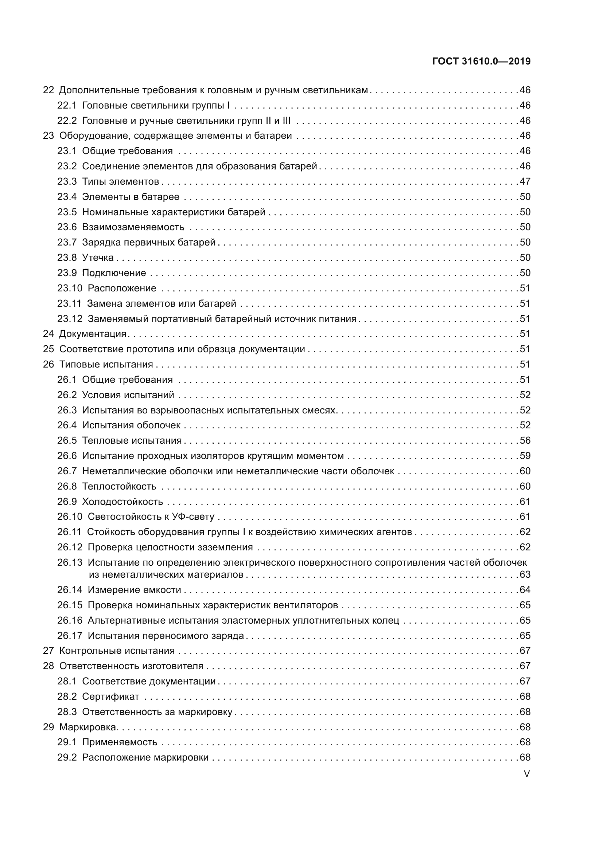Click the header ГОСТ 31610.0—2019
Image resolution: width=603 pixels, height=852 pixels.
tap(481, 61)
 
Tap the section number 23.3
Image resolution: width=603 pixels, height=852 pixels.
tap(67, 181)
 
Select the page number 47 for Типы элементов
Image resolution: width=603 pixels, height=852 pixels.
tap(525, 181)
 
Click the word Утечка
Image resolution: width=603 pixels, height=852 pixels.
tap(98, 258)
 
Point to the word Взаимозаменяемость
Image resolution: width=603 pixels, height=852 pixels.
tap(133, 227)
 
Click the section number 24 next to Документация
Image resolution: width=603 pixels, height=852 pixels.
tap(48, 334)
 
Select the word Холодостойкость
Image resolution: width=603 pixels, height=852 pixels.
tap(122, 502)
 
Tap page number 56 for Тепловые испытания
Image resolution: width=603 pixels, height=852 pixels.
tap(525, 440)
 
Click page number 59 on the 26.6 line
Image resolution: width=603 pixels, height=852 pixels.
tap(525, 456)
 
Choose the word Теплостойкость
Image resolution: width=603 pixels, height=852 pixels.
tap(119, 487)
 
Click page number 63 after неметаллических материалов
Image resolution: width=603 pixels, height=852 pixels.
tap(525, 574)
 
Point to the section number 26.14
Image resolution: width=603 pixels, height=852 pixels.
tap(70, 590)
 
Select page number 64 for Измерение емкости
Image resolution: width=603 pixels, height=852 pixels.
tap(525, 590)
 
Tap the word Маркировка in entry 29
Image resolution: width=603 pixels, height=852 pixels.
tap(88, 727)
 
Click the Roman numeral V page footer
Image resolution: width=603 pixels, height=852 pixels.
tap(526, 774)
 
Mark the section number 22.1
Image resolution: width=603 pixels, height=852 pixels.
tap(67, 105)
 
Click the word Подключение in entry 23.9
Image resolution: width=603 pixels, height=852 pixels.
tap(114, 273)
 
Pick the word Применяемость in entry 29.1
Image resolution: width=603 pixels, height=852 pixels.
tap(120, 742)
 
